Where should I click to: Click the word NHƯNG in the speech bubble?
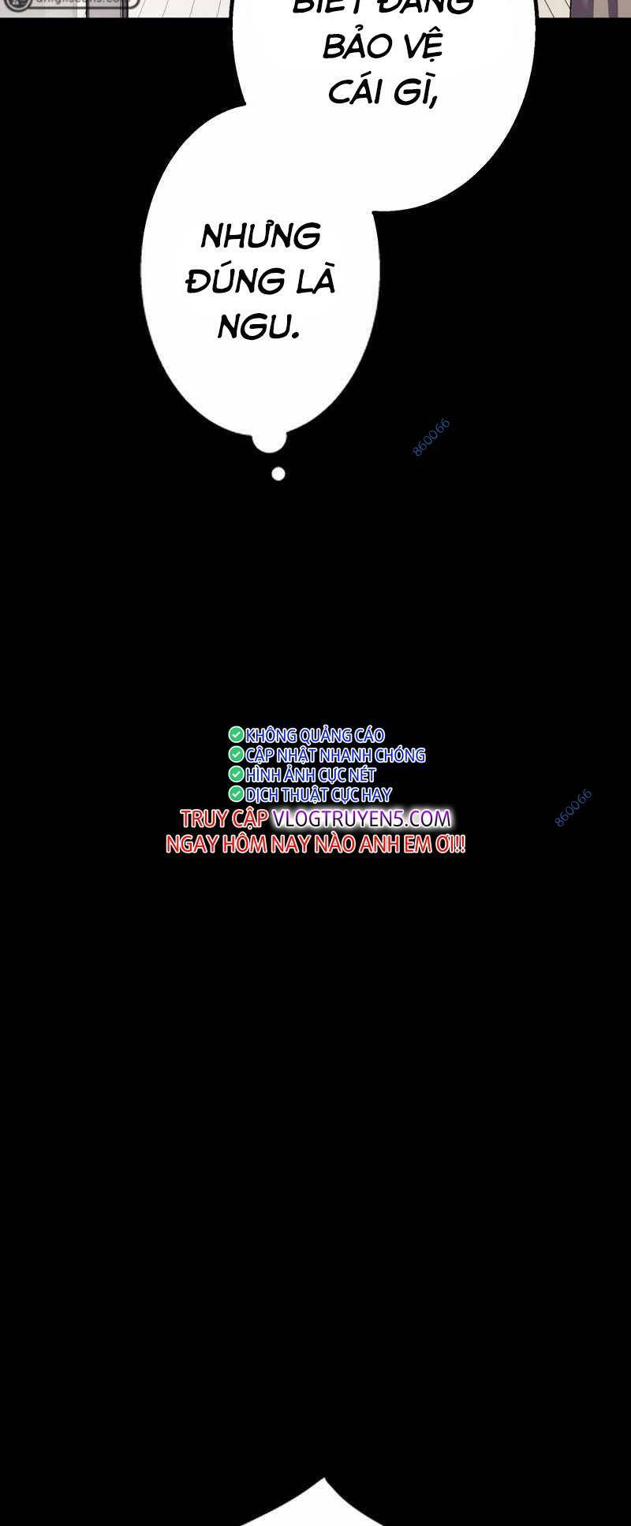[261, 236]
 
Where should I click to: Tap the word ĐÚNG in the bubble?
[225, 282]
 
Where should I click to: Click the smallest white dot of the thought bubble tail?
[278, 474]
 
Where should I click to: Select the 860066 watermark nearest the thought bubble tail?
[431, 438]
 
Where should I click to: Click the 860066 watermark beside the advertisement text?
[573, 808]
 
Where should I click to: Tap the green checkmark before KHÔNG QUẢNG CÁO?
[236, 735]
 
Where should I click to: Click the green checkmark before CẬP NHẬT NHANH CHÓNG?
[236, 755]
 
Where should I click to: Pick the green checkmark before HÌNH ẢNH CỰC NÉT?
[236, 774]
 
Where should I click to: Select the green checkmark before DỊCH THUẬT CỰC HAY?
[236, 794]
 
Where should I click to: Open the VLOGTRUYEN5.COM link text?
[362, 819]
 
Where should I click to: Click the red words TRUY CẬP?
[225, 819]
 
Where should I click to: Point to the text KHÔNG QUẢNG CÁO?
[315, 736]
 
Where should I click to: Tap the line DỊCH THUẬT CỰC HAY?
[318, 795]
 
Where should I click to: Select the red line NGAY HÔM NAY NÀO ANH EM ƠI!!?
[315, 845]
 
